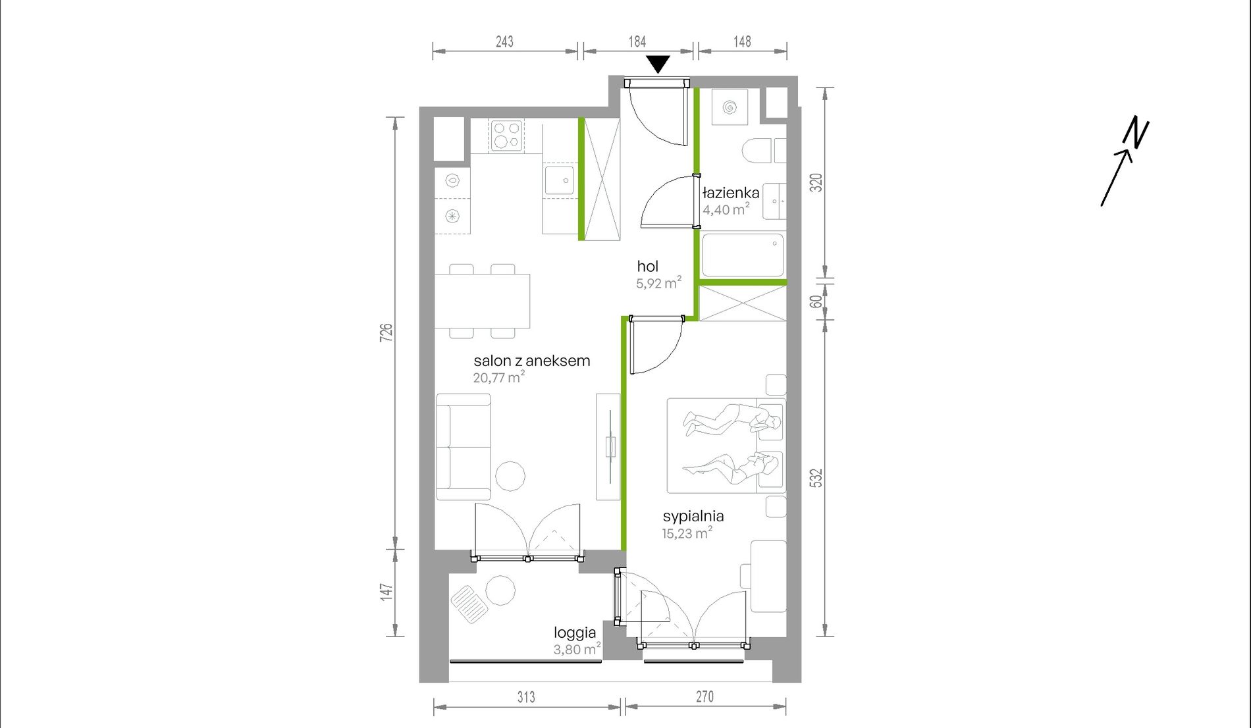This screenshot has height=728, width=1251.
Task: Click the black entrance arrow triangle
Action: click(x=658, y=64)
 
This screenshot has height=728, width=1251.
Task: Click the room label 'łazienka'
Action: click(x=731, y=193)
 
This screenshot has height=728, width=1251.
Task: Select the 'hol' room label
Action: click(x=647, y=266)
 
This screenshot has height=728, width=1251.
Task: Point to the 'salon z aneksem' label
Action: click(x=531, y=361)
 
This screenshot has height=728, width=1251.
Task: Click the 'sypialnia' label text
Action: click(x=693, y=517)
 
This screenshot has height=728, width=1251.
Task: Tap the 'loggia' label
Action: click(x=575, y=633)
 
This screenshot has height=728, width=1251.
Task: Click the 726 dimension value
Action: click(x=386, y=332)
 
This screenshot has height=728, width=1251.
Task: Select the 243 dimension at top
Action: click(x=504, y=41)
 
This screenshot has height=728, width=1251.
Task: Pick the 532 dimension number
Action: click(x=816, y=478)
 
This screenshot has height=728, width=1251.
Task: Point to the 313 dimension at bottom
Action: click(x=526, y=696)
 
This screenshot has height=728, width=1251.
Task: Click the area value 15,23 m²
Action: click(x=687, y=533)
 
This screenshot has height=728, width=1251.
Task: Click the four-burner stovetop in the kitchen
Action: click(x=506, y=135)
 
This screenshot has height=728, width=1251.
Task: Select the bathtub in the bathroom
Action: click(x=743, y=255)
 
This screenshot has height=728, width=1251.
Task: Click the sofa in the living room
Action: click(x=464, y=447)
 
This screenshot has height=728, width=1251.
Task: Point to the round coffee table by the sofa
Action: click(x=510, y=476)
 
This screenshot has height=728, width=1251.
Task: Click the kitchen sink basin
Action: click(x=559, y=180)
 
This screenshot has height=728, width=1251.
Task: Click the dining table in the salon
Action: click(x=483, y=301)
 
